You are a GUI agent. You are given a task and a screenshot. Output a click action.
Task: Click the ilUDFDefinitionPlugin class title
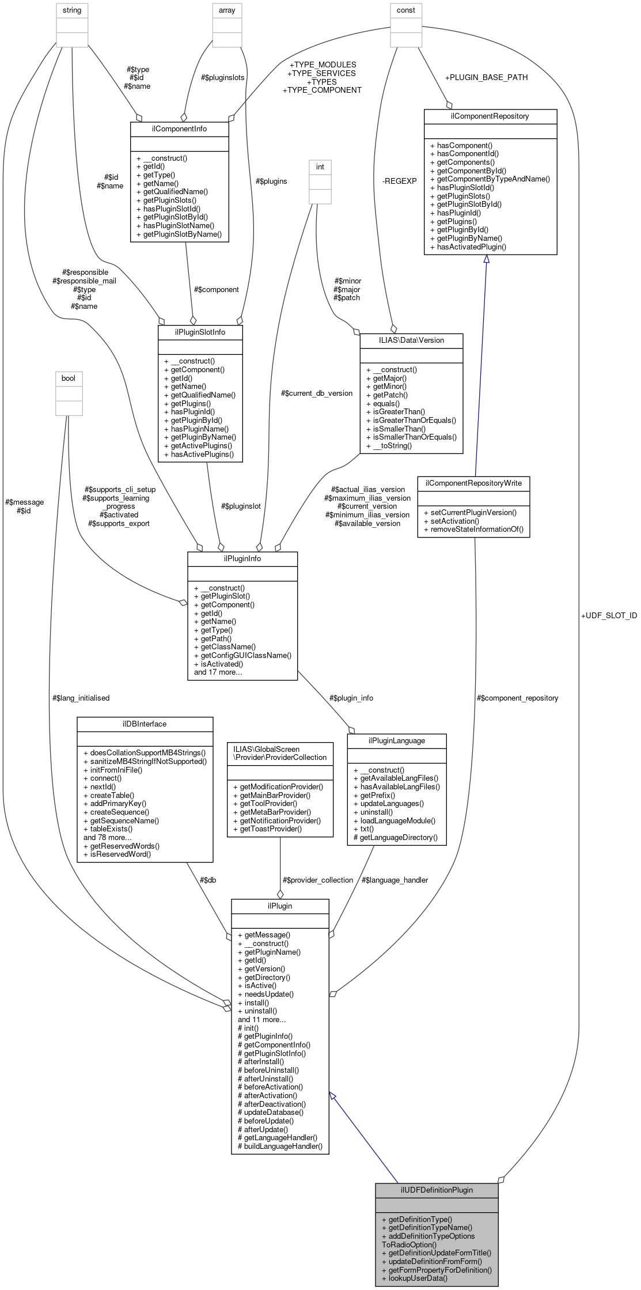click(437, 1190)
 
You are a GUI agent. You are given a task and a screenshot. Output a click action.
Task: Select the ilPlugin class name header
click(280, 906)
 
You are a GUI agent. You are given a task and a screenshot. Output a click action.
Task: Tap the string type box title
click(72, 10)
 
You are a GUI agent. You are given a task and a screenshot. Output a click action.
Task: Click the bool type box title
click(69, 378)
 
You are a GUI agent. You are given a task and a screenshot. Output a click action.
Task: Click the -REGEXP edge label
click(399, 181)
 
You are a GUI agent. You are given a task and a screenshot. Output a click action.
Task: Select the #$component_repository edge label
click(517, 698)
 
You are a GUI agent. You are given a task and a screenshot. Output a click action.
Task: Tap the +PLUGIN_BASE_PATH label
click(486, 77)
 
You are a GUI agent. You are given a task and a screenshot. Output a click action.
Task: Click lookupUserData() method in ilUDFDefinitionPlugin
click(414, 1278)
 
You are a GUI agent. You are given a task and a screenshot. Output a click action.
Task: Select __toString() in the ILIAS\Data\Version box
click(392, 445)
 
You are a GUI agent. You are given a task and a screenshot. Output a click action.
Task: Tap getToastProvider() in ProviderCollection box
click(270, 829)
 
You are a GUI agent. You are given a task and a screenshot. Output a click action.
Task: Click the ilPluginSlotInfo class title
click(200, 332)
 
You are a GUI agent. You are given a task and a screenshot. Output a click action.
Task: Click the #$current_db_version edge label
click(317, 393)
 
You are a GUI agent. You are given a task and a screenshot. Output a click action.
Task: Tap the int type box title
click(320, 167)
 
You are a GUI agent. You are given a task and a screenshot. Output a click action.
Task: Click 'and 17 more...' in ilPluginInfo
click(218, 672)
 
